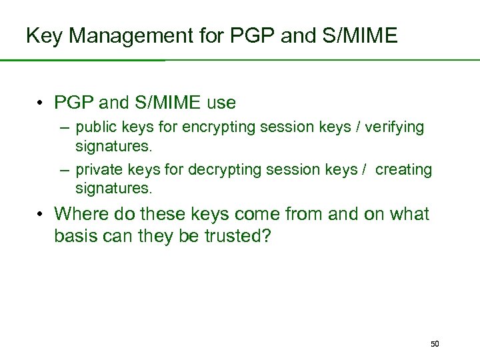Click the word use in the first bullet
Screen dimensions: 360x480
(x=221, y=103)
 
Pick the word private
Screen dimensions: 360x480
(x=97, y=170)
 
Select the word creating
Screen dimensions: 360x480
(x=403, y=170)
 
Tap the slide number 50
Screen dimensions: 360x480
(x=435, y=344)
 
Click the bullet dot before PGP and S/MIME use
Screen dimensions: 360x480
(x=41, y=104)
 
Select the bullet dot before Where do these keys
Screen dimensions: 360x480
(x=41, y=215)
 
